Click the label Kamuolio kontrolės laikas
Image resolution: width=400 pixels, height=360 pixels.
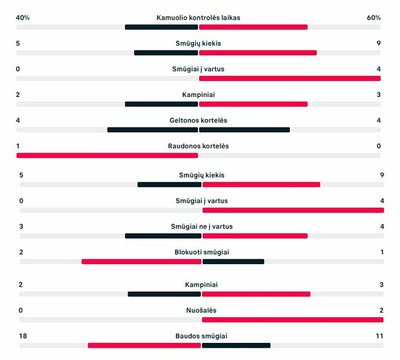(198, 18)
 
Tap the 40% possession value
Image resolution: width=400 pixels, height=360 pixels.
(23, 18)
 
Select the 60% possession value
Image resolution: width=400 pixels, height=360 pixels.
(374, 18)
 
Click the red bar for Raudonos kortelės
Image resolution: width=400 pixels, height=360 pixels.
(107, 156)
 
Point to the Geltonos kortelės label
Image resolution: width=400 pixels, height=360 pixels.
(198, 120)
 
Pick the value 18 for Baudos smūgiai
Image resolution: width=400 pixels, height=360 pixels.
(23, 336)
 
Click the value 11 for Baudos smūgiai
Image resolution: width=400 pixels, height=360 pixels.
(379, 336)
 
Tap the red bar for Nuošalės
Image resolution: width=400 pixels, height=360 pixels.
(293, 319)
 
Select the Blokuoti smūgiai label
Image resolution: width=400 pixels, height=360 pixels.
(202, 252)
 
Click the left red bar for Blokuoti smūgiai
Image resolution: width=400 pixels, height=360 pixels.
(141, 262)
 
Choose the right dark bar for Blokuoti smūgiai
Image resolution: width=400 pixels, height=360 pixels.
(233, 262)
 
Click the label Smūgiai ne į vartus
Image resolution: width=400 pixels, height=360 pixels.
(202, 226)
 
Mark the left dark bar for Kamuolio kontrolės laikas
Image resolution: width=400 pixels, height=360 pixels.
(161, 27)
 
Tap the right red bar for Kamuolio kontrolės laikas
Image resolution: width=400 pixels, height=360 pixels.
(253, 27)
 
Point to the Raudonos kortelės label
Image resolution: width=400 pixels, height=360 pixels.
(198, 146)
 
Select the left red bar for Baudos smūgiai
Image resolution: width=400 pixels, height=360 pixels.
(144, 345)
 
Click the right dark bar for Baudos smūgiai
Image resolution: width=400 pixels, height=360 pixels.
(236, 345)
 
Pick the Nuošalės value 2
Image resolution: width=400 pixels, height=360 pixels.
(381, 310)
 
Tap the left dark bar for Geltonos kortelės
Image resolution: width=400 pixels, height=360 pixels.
(153, 129)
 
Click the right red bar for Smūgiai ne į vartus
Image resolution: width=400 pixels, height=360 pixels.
(255, 236)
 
